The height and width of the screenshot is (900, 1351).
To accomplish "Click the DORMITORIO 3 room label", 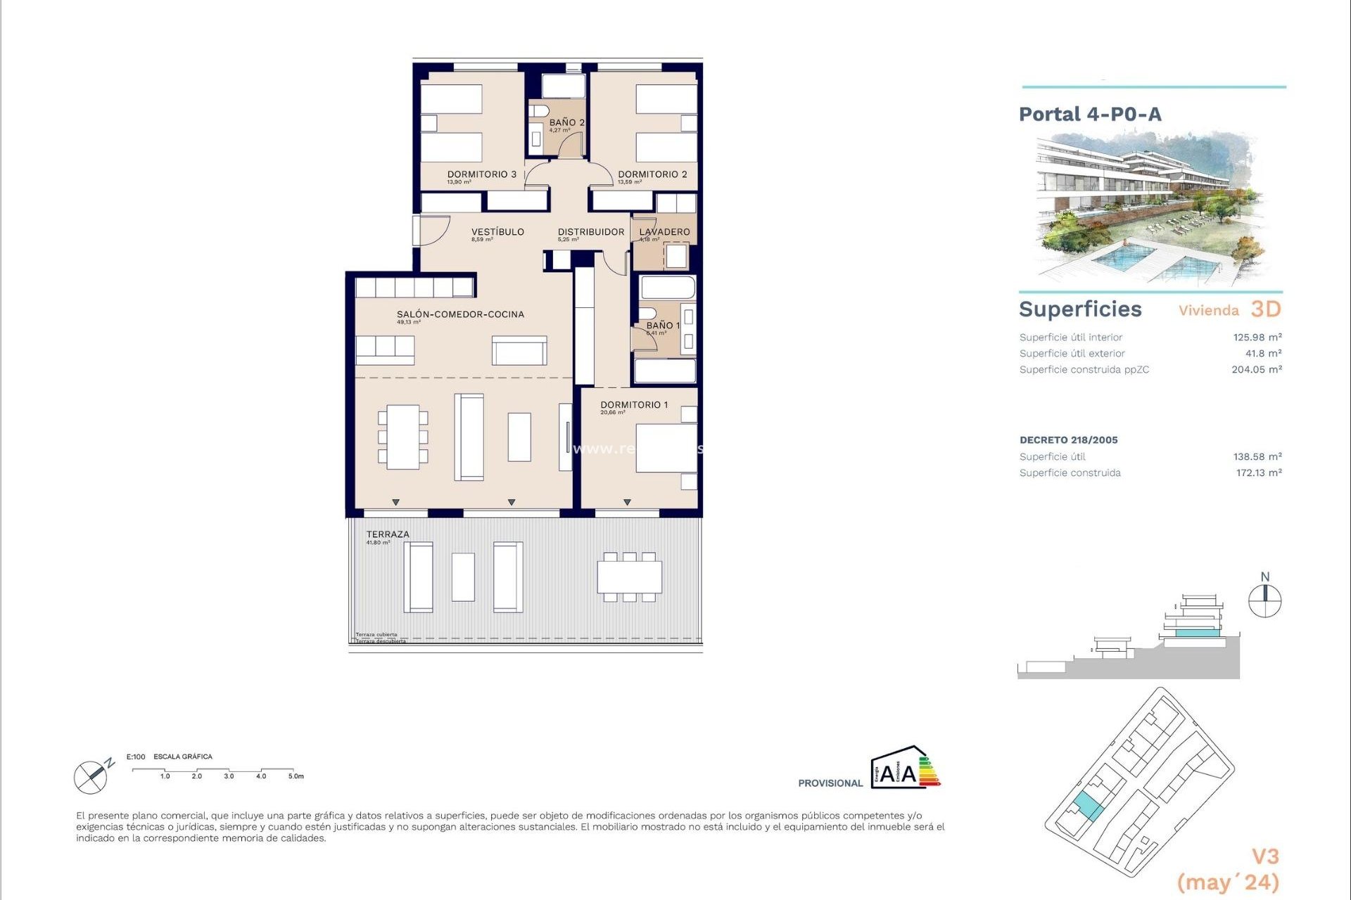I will coord(482,174).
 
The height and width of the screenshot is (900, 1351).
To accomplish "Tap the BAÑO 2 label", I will coord(566,122).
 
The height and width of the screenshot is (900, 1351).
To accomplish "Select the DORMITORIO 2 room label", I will coord(652,174).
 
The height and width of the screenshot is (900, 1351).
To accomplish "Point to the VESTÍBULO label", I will coord(497,232).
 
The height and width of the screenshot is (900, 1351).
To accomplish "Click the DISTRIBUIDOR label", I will coord(591,232).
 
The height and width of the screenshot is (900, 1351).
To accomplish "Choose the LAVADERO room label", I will coord(664,232).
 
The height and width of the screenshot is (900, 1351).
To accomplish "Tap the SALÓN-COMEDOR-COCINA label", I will coord(460,314).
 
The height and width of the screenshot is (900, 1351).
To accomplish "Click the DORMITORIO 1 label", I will coord(634,405).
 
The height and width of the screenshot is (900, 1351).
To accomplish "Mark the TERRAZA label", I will coord(388,534).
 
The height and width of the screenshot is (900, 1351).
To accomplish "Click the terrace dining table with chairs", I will coord(630,577).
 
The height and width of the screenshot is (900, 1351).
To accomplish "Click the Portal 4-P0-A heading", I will coord(1090,115).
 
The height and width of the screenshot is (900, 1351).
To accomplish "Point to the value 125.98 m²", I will coord(1257,337).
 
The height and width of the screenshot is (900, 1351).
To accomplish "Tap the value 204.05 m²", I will coord(1256,370).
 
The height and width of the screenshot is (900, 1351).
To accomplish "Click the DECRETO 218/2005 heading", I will coord(1068,440).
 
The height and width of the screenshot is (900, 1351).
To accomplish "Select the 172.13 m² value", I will coord(1258,473).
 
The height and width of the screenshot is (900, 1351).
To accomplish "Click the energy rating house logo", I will coord(905,768).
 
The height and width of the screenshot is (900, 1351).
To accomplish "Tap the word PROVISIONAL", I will coord(830,783).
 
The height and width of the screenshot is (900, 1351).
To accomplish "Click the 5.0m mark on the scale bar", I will coord(296,776).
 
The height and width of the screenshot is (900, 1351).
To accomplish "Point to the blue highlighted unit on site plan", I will coord(1089,806).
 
